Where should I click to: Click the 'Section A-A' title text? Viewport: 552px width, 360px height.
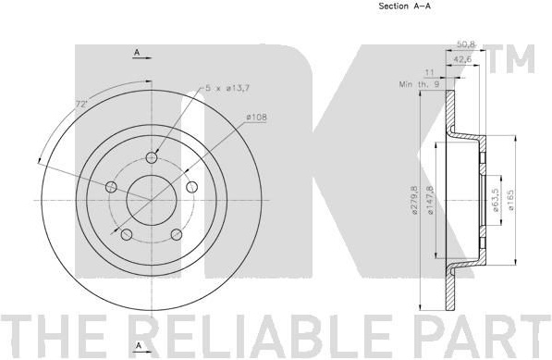(404, 6)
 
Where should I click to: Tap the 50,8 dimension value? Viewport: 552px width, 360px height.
(466, 44)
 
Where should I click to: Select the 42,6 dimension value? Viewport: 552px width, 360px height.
(462, 59)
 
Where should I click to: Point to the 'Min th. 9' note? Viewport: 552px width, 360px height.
(419, 84)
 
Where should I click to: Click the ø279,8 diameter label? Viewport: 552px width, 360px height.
(414, 201)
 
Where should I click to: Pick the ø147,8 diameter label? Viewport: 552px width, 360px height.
(430, 201)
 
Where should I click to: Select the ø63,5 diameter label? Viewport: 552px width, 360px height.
(496, 201)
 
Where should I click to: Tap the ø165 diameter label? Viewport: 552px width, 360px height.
(510, 201)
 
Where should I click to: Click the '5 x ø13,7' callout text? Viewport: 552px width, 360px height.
(227, 88)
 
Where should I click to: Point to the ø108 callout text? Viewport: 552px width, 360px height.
(257, 117)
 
